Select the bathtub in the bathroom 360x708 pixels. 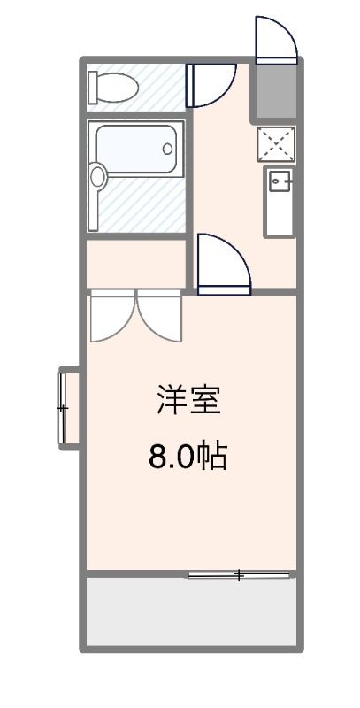click(138, 151)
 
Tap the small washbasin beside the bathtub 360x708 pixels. click(97, 176)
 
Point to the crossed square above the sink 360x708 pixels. click(277, 144)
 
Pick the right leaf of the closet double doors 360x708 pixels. click(160, 313)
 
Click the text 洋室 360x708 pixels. click(188, 401)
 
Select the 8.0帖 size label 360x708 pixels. click(188, 457)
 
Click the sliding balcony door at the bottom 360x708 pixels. click(239, 575)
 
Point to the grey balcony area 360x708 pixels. click(190, 612)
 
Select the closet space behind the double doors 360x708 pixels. click(134, 263)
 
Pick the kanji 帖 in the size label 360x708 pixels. click(213, 457)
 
